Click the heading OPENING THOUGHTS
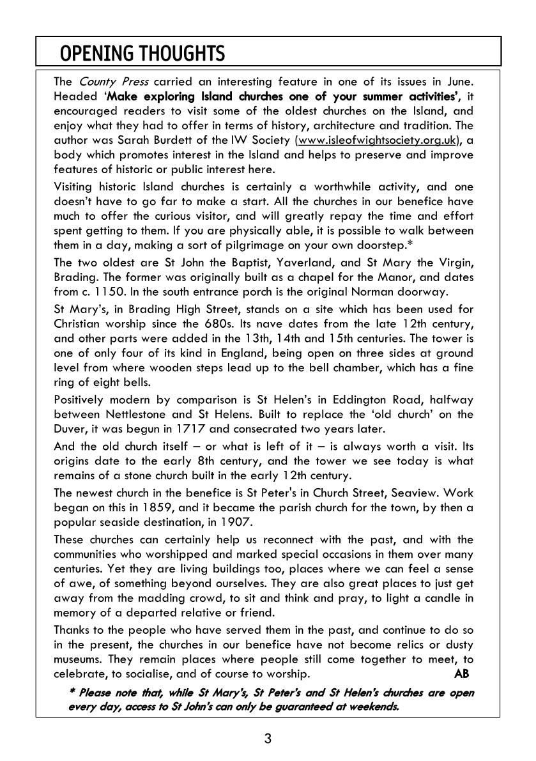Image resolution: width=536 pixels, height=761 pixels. [142, 54]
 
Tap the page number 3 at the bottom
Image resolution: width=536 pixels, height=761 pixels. [268, 739]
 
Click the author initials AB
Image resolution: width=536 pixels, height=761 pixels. [461, 673]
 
